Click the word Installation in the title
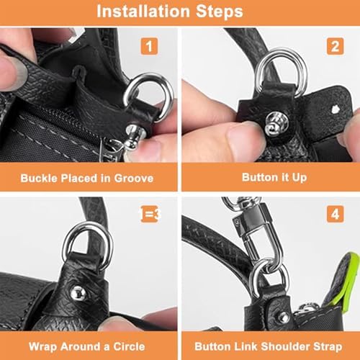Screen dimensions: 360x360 pyautogui.click(x=143, y=12)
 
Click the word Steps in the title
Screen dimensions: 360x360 pyautogui.click(x=220, y=12)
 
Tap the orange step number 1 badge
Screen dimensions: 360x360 pyautogui.click(x=149, y=46)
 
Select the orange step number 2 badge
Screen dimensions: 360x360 pyautogui.click(x=335, y=46)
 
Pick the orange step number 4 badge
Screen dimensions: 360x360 pyautogui.click(x=335, y=214)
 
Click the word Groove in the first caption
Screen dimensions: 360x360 pyautogui.click(x=134, y=179)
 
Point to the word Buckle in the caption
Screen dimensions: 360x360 pyautogui.click(x=39, y=179)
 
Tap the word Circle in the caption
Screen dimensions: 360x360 pyautogui.click(x=129, y=346)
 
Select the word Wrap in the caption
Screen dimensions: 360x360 pyautogui.click(x=40, y=346)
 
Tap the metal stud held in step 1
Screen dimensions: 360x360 pyautogui.click(x=134, y=137)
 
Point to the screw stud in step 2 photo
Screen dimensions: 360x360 pyautogui.click(x=275, y=123)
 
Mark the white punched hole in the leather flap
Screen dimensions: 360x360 pyautogui.click(x=335, y=109)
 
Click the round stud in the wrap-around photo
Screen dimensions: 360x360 pyautogui.click(x=78, y=293)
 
